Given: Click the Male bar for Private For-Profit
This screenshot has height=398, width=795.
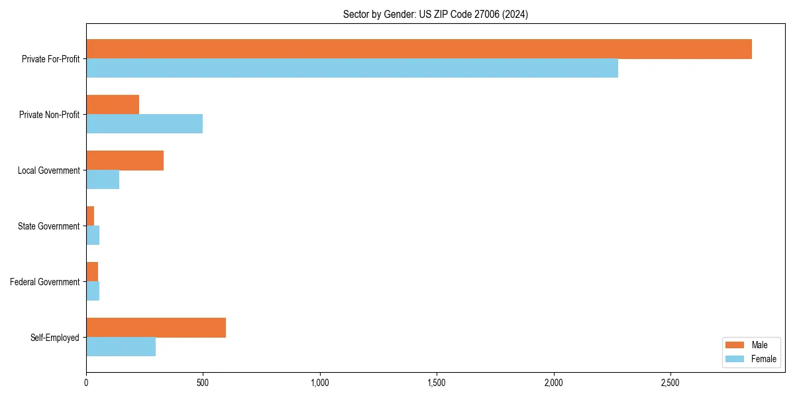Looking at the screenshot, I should [x=419, y=49].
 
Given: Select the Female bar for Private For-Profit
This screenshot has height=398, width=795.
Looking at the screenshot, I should [x=352, y=68].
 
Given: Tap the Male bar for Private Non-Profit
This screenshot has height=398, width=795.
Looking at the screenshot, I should [x=113, y=105].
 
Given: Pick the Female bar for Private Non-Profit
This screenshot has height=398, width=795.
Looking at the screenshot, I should [x=144, y=124].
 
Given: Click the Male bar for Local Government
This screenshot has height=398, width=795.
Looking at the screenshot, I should [x=125, y=161].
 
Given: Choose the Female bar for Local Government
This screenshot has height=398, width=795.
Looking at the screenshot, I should [x=103, y=180].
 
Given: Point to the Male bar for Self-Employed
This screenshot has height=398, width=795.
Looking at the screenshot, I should [x=156, y=328].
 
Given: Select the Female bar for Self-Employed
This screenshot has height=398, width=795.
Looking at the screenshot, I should [x=121, y=347].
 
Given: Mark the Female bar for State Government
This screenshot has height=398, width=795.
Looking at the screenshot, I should [x=93, y=235].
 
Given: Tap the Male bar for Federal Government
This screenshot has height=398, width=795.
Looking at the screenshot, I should [x=92, y=272].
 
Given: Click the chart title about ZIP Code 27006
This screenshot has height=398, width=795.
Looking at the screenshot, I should [x=435, y=14].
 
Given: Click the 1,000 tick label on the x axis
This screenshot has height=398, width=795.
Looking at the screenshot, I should [x=320, y=383].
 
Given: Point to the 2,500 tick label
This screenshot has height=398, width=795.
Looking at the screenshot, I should [x=670, y=383].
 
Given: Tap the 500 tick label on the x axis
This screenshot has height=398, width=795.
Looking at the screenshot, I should [x=203, y=383].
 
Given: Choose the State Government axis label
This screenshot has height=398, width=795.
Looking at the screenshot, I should [x=48, y=226].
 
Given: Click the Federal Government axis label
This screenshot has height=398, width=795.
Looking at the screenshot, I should [x=45, y=282].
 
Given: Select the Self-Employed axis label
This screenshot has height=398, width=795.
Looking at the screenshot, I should [x=54, y=338].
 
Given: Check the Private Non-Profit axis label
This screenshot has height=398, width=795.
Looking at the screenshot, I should [x=49, y=115].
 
